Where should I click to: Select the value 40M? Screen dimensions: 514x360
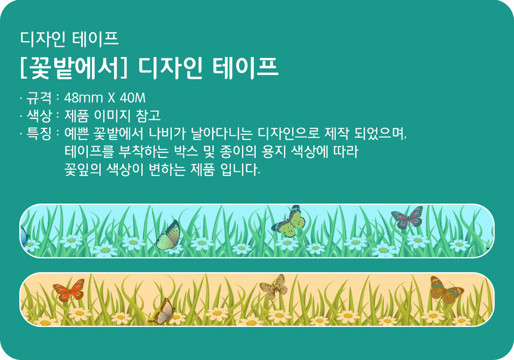point(133,98)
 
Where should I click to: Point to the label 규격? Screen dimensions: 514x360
point(39,98)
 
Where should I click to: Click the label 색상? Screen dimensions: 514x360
point(39,115)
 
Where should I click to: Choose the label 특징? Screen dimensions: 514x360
point(39,133)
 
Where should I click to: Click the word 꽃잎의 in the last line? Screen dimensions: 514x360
point(83,169)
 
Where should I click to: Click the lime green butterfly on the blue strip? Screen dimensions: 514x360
point(289,222)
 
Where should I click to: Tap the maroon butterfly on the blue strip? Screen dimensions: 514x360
point(407,217)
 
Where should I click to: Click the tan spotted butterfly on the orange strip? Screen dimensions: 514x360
point(274,286)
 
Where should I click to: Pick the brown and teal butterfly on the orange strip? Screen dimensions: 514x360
point(446,289)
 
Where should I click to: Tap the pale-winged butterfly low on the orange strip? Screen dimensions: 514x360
point(162,312)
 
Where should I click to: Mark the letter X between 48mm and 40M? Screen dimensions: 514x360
point(112,98)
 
